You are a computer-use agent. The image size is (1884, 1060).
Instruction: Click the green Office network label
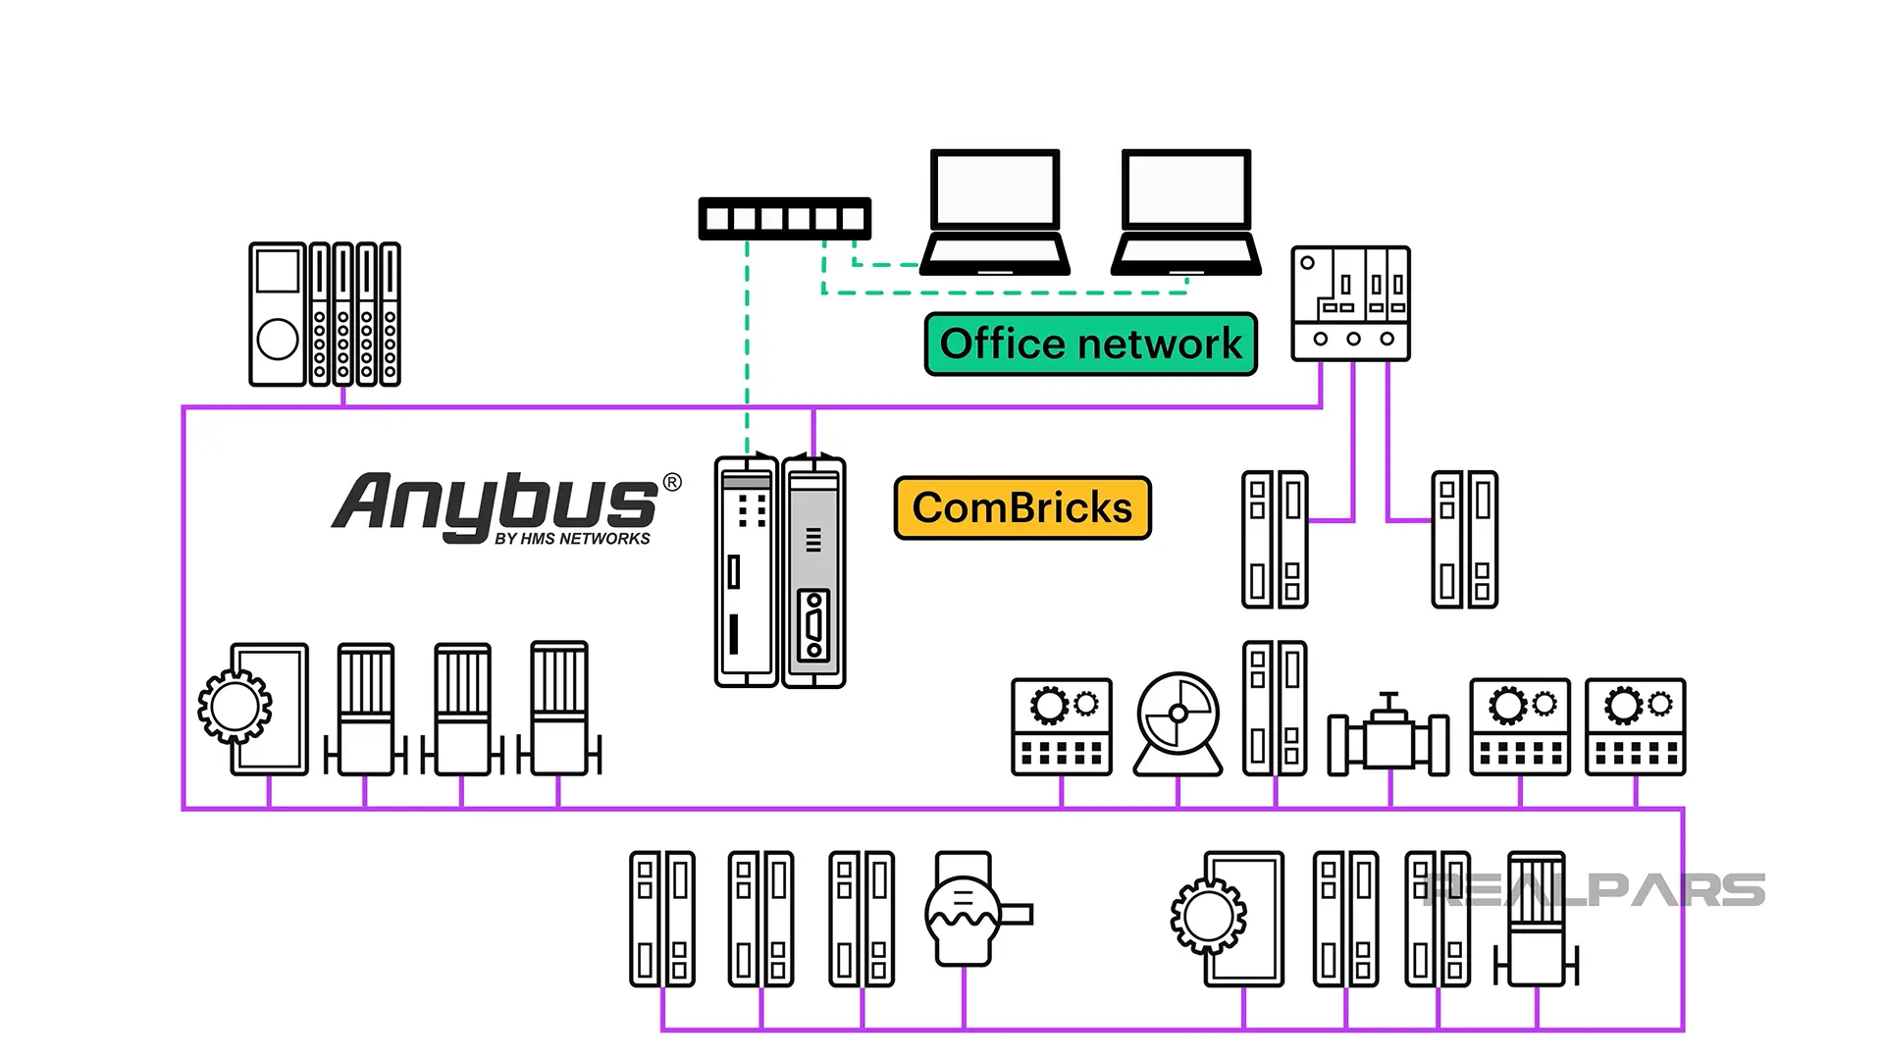coord(1090,344)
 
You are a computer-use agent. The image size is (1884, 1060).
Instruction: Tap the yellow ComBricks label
coord(1021,508)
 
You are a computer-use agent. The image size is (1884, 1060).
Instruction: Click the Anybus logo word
coord(496,503)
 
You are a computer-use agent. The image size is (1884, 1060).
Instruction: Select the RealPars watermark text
coord(1594,890)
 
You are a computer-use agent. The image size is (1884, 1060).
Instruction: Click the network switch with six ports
coord(784,218)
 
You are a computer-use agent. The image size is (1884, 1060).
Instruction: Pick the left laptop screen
coord(994,189)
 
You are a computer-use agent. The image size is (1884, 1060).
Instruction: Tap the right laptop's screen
coord(1185,189)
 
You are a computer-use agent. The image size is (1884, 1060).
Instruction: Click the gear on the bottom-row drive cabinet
coord(1208,917)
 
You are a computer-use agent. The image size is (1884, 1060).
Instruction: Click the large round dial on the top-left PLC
coord(278,340)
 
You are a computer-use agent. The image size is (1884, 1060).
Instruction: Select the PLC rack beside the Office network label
coord(1350,303)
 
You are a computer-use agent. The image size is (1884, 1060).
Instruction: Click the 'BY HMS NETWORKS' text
coord(572,539)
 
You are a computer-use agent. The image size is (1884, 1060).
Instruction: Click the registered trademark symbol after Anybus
coord(672,482)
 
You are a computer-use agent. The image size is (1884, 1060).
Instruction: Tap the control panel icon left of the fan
coord(1061,726)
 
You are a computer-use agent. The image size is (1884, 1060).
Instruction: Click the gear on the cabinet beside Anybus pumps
coord(235,706)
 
